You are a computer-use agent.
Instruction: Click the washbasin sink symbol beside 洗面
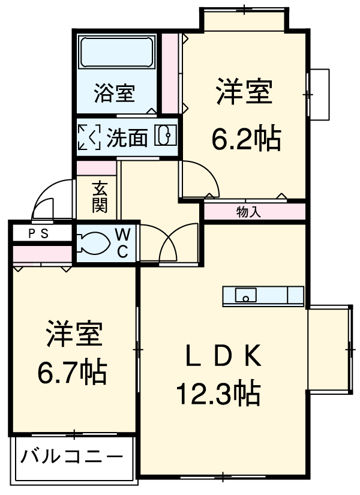point(165,136)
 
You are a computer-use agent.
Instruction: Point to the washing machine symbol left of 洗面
point(89,137)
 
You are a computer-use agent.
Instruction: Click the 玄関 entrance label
point(99,197)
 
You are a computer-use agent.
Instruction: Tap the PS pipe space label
point(40,233)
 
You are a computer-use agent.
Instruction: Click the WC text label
point(122,243)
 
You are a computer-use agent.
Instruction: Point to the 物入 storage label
point(248,212)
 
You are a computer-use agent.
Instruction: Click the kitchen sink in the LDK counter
point(246,295)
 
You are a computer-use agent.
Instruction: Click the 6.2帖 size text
point(246,139)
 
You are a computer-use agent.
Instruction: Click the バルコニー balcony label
point(71,458)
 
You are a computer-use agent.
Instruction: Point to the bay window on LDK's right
point(329,348)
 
